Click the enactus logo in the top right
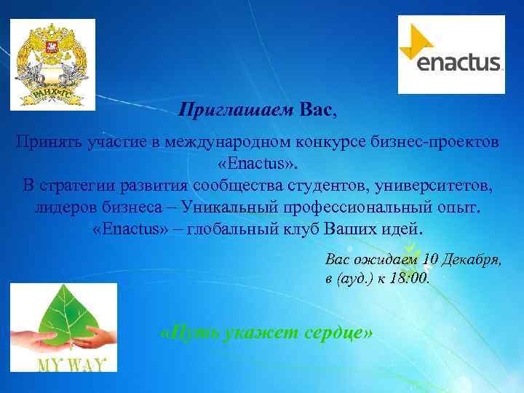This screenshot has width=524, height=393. point(451,54)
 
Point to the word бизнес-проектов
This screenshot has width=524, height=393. point(443,141)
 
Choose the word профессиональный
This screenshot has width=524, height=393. point(356,207)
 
